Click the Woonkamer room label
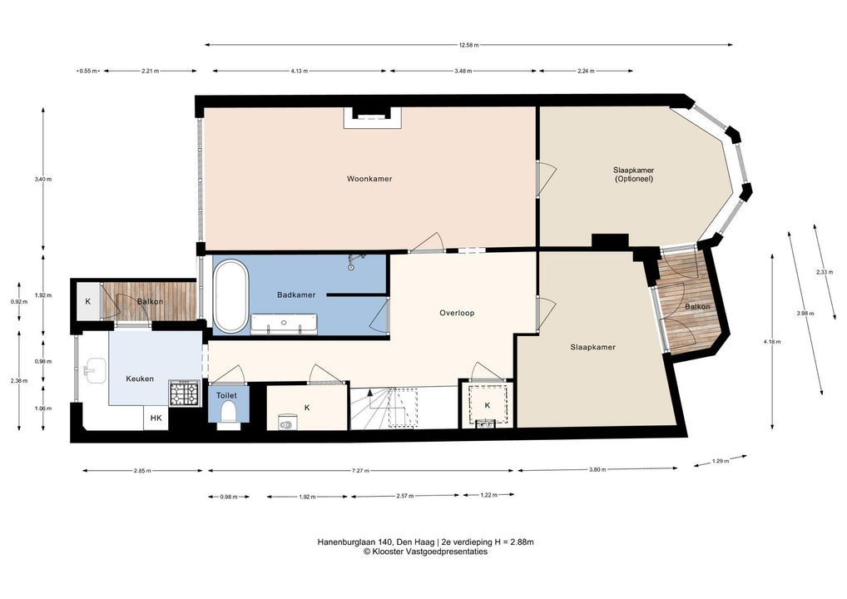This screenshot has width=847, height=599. point(369,179)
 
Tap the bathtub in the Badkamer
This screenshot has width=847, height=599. point(231,296)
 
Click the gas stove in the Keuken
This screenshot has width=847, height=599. point(184,394)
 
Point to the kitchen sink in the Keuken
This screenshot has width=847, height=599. point(95,370)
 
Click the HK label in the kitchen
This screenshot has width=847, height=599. point(156,418)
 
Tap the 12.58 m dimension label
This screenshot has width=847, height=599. point(468,46)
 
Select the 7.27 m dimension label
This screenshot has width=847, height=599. point(360,470)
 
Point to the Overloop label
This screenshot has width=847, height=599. point(457,313)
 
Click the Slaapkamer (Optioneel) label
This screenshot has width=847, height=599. point(634,175)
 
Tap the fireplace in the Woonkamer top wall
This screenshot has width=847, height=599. point(373,117)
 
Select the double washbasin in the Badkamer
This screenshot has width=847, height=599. point(284,324)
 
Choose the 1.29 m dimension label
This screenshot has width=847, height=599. point(721,461)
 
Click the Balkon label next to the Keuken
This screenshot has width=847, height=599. point(150,301)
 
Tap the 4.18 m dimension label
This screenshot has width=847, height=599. point(772,341)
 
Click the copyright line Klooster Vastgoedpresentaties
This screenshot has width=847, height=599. point(425,552)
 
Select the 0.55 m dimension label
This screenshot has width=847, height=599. point(88,71)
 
